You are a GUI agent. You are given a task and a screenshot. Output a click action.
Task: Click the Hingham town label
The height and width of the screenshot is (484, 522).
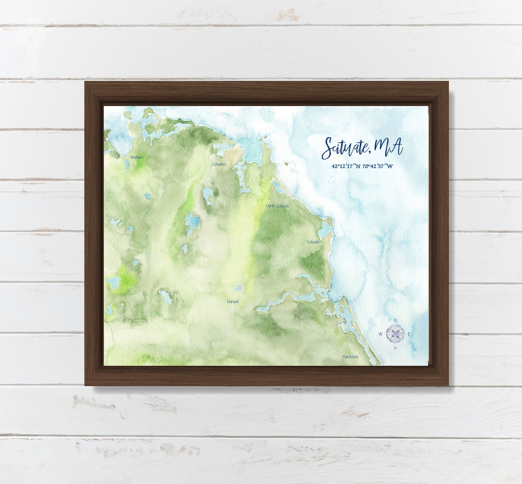coord(136,157)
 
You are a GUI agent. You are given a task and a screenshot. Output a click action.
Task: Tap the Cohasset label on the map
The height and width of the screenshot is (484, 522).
coord(218,164)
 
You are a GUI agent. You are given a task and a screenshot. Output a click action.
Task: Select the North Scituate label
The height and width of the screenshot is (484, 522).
coord(277,206)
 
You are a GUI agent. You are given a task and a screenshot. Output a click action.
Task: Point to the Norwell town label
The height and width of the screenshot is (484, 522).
coord(233,302)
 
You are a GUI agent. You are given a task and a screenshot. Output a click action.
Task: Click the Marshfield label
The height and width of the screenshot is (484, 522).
coord(350,357)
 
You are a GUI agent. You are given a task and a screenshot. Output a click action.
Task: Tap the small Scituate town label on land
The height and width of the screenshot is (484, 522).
coord(313,242)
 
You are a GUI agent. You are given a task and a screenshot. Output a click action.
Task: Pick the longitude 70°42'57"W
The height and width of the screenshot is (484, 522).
coord(377,166)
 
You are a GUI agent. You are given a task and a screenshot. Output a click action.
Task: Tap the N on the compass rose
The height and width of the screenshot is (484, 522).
coord(395,320)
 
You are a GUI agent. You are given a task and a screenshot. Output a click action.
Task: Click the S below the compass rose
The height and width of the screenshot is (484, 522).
coord(395,347)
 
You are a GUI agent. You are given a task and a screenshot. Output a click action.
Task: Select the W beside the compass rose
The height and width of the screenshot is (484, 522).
coord(381,334)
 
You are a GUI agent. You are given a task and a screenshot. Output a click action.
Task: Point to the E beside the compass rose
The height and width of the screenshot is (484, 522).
coord(409,334)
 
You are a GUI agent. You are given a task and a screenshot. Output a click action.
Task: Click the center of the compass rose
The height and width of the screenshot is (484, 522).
coord(395,333)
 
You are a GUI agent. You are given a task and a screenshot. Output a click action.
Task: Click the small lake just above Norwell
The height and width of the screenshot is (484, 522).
coord(238,288)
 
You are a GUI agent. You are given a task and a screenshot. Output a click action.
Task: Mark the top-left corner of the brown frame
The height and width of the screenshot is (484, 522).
coord(86,82)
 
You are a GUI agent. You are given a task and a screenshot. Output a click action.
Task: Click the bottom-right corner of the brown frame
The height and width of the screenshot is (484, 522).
coord(447,385)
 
